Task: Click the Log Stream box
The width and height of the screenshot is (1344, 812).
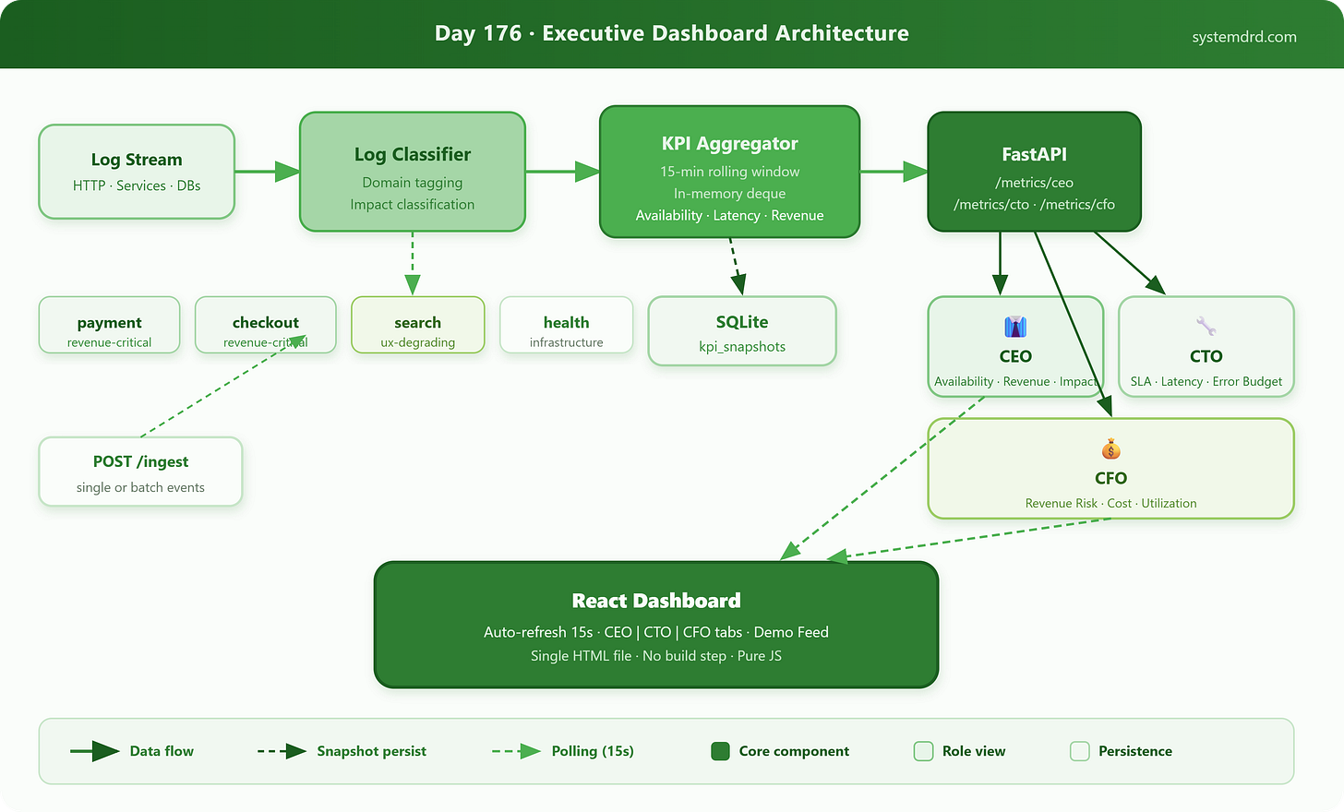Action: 137,172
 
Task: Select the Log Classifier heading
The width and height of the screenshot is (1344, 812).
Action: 413,155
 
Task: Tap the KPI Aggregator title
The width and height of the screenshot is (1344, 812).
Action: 729,143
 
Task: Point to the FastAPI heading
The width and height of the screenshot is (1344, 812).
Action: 1035,155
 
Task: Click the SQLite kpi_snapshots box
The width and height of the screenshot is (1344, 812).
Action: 742,331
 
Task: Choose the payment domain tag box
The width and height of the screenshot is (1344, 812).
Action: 109,325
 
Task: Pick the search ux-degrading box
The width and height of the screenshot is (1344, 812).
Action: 417,325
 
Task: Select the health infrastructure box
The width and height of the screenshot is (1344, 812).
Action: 567,325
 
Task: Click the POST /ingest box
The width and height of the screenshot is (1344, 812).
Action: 140,472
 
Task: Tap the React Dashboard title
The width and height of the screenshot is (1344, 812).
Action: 656,601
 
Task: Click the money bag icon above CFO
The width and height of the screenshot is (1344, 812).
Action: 1110,448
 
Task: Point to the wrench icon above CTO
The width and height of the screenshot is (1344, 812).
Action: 1206,327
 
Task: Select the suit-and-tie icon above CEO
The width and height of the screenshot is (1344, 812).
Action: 1015,327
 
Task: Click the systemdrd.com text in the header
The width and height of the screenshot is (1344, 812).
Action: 1243,37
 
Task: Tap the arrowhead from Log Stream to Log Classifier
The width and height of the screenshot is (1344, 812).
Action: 287,172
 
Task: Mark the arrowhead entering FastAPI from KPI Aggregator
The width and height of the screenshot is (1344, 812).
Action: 916,172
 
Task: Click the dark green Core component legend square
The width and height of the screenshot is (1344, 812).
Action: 720,751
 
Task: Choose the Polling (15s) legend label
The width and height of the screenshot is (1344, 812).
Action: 593,751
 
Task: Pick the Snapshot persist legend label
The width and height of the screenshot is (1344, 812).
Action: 371,751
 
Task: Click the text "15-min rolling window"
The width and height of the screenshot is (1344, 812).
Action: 729,172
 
